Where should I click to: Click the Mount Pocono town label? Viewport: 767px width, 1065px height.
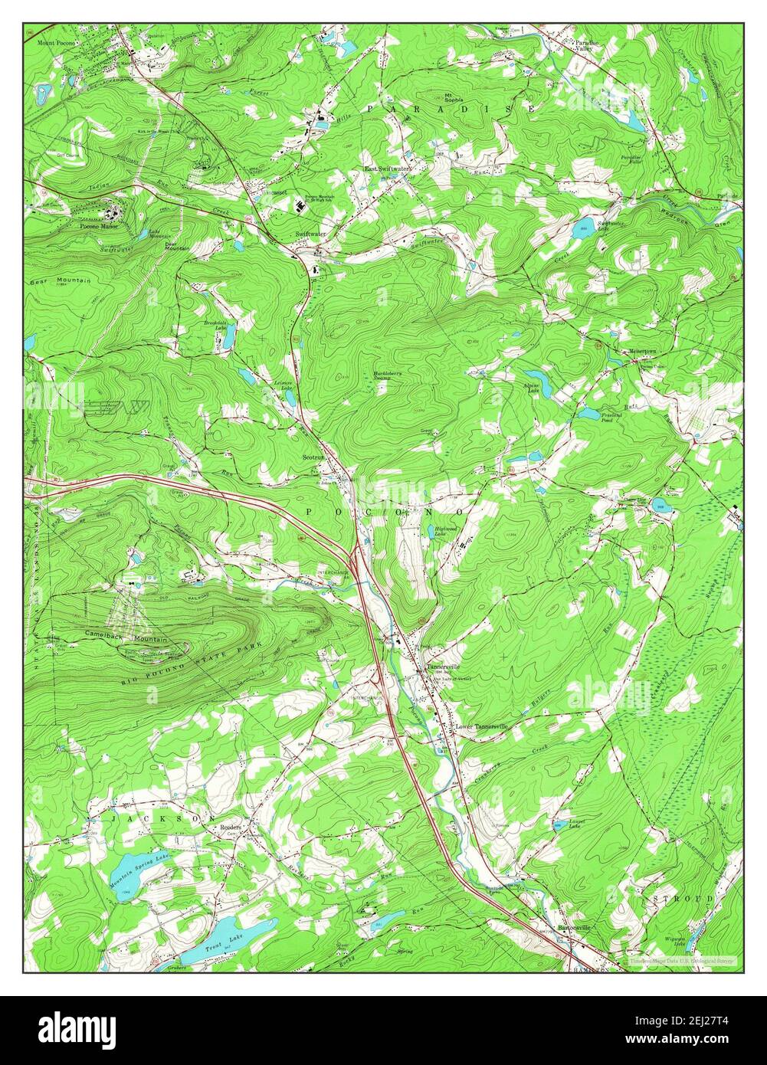click(56, 43)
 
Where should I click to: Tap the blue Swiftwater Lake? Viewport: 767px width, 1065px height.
click(583, 228)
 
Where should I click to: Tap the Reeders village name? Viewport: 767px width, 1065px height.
click(231, 827)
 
